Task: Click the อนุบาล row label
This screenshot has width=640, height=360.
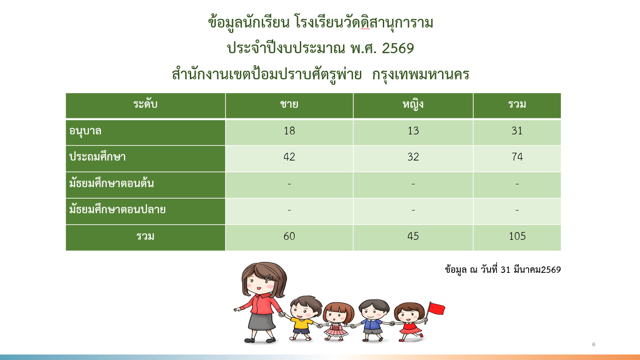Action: tap(85, 132)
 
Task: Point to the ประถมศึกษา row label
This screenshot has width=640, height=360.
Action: tap(98, 157)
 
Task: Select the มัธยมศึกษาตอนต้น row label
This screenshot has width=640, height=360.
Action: tap(111, 183)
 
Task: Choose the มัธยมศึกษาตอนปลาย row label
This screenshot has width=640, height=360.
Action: tap(117, 210)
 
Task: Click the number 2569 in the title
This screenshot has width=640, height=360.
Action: tap(398, 48)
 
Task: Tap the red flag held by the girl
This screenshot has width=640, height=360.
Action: tap(437, 308)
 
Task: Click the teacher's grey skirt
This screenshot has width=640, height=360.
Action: tap(261, 321)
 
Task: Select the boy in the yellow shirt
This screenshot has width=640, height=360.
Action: tap(303, 318)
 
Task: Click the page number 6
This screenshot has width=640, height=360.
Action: tap(594, 344)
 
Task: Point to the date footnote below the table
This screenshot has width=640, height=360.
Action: tap(503, 270)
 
